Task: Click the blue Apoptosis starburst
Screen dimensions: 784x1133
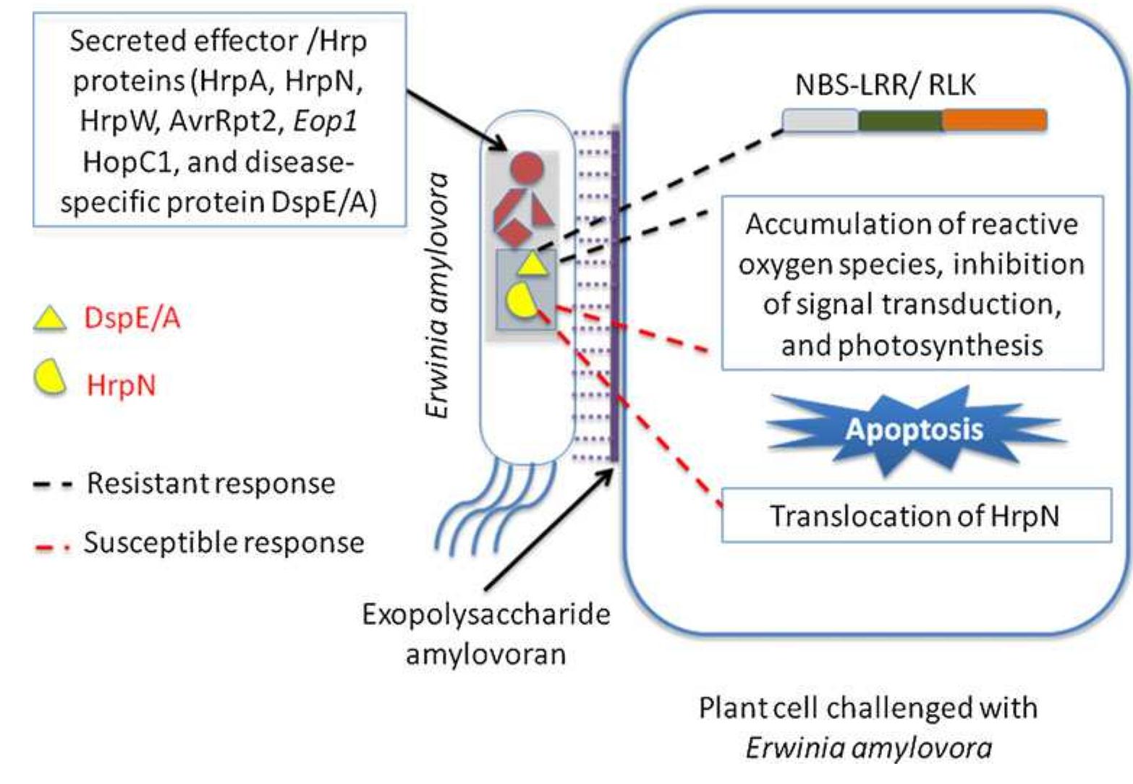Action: tap(915, 430)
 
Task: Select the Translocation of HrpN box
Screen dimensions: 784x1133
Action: tap(915, 516)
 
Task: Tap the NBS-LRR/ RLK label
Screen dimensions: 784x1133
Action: tap(885, 85)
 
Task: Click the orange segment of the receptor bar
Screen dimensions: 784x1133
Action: tap(994, 121)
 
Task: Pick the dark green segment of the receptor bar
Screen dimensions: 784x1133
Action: tap(900, 121)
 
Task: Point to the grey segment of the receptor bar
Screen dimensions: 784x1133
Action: tap(820, 121)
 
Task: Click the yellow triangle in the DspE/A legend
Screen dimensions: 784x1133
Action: tap(49, 318)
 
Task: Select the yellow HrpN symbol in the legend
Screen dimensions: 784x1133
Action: tap(49, 378)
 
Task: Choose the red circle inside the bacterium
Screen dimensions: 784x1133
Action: tap(526, 169)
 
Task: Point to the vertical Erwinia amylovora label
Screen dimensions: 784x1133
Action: tap(437, 295)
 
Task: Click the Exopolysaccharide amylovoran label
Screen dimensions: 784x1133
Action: tap(486, 634)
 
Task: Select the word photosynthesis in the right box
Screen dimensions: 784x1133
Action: tap(912, 346)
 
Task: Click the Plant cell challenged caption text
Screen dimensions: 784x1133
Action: tap(867, 727)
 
